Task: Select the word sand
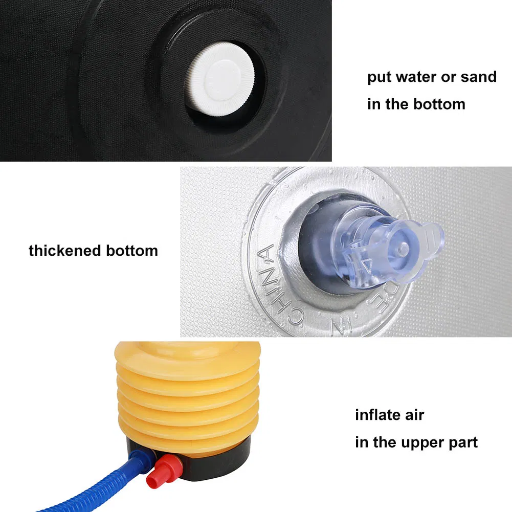[478, 77]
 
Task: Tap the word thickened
[65, 251]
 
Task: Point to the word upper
[424, 442]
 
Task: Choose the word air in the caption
[413, 415]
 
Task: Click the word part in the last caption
[464, 443]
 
